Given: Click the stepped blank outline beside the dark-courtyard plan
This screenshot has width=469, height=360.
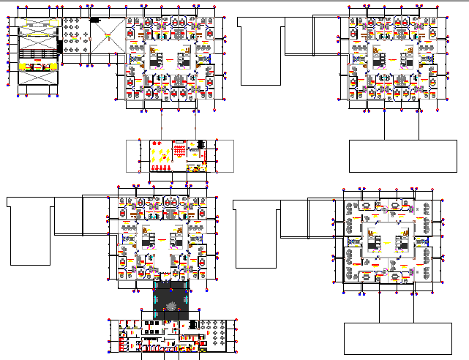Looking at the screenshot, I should (44, 227).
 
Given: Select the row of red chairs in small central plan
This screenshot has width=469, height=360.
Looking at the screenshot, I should (162, 168).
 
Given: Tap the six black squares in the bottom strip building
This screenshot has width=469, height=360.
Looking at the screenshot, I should (154, 322).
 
